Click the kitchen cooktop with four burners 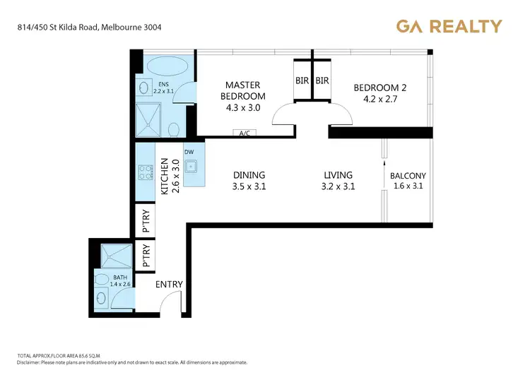145,171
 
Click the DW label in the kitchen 189,151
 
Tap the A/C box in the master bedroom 246,133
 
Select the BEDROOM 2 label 380,88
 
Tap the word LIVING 338,175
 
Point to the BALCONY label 406,176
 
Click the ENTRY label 169,285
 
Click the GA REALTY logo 449,27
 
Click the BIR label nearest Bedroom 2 322,81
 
